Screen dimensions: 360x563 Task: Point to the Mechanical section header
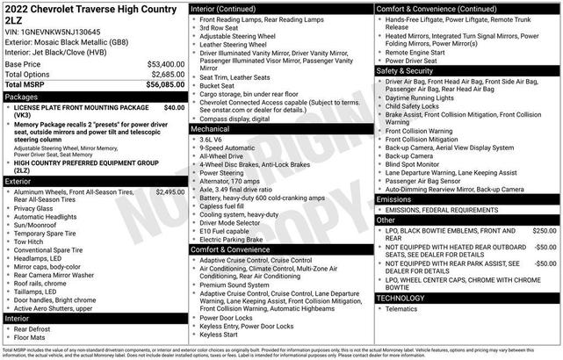(211, 128)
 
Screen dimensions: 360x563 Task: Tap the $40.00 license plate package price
(174, 107)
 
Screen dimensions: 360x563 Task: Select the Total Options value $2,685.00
(167, 75)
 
